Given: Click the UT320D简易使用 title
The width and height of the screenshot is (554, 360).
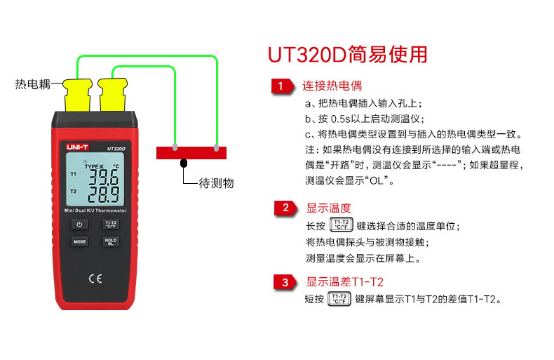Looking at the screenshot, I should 347,55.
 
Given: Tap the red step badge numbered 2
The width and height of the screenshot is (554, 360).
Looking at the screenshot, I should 285,208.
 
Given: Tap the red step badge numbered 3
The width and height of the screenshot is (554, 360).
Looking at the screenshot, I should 285,282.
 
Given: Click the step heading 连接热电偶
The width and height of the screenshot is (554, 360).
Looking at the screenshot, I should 332,87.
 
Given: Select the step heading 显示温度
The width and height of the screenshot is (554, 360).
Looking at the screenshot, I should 328,208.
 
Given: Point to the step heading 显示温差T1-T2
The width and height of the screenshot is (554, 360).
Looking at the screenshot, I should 344,282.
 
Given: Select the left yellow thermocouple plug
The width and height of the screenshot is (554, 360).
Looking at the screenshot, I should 76,92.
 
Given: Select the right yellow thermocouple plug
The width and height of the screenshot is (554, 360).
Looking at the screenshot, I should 112,92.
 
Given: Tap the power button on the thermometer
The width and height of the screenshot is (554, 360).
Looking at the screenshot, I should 79,225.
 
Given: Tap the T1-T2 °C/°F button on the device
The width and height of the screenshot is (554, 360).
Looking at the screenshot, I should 110,225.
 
